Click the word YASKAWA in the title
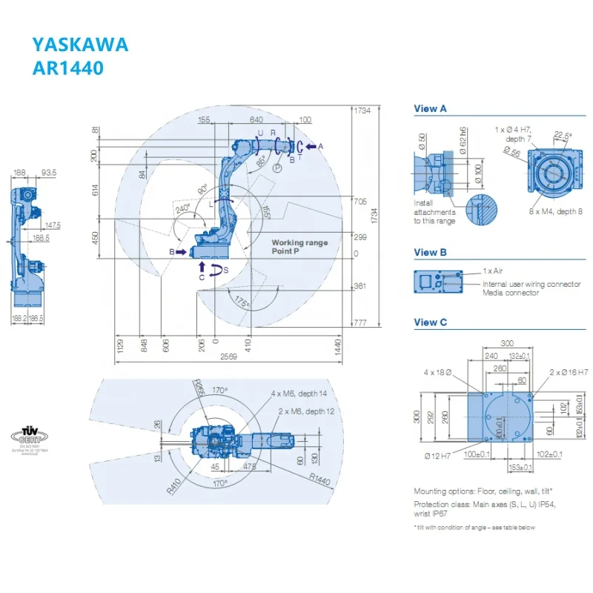click(x=80, y=44)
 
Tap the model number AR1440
click(x=67, y=68)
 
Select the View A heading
click(x=430, y=109)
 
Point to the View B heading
click(x=430, y=252)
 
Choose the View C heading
click(x=430, y=322)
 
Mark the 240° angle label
click(x=182, y=209)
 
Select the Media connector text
click(x=511, y=293)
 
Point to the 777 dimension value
click(x=360, y=322)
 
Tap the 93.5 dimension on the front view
click(x=49, y=173)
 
